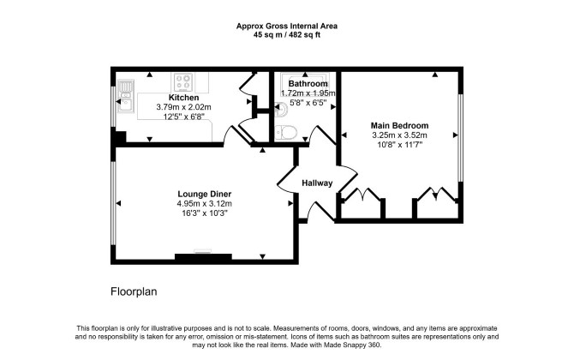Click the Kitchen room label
[x=184, y=98]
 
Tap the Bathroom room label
[x=308, y=84]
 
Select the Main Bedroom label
[x=399, y=126]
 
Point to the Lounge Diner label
[x=204, y=194]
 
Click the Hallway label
[x=317, y=183]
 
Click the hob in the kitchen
[x=183, y=82]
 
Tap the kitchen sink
[x=124, y=96]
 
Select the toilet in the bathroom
[x=286, y=132]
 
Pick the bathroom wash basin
[x=280, y=109]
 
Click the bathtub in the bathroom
[x=305, y=80]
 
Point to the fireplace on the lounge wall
[x=203, y=257]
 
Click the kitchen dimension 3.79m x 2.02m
[x=184, y=107]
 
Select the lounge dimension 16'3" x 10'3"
[x=205, y=213]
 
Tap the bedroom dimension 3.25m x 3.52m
[x=399, y=135]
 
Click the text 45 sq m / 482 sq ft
[x=287, y=35]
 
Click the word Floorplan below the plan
[x=134, y=291]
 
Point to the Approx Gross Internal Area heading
[x=287, y=27]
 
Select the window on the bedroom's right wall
[x=461, y=138]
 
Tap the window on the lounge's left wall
[x=113, y=203]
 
